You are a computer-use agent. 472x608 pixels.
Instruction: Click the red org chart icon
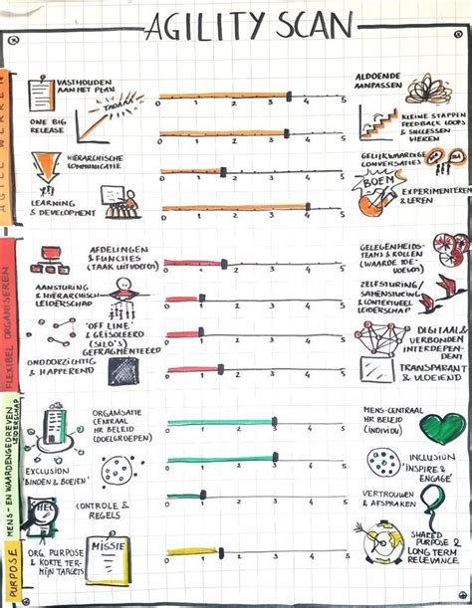pyautogui.click(x=46, y=262)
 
